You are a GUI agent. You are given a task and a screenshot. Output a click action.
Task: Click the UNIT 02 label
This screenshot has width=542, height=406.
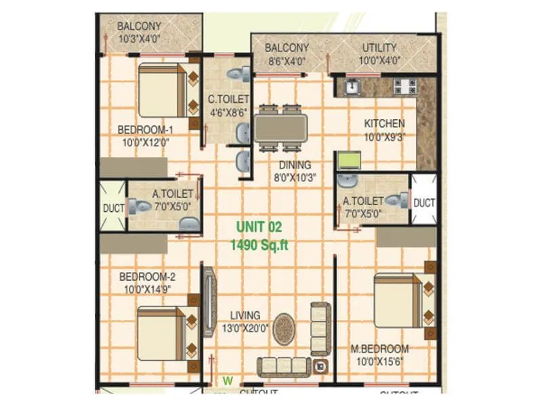pyautogui.click(x=258, y=228)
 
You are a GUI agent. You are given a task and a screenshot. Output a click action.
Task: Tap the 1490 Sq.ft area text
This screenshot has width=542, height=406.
pyautogui.click(x=258, y=245)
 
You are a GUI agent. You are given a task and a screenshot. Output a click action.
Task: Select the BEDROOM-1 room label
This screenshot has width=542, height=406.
pyautogui.click(x=146, y=130)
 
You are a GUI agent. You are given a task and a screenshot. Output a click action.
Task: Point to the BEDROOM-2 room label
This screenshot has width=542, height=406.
pyautogui.click(x=148, y=277)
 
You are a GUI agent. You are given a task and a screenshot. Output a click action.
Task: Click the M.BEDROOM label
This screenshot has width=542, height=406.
pyautogui.click(x=379, y=349)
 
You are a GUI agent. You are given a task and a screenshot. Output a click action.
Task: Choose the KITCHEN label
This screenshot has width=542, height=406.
pyautogui.click(x=384, y=123)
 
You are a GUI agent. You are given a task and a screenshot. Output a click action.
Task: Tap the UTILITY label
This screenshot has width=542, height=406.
pyautogui.click(x=380, y=48)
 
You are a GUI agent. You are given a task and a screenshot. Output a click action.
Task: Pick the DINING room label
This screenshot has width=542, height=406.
pyautogui.click(x=293, y=164)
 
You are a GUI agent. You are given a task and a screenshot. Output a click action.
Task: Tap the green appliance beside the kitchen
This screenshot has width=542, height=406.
pyautogui.click(x=350, y=160)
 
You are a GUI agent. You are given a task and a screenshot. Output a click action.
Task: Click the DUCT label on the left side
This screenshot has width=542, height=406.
pyautogui.click(x=112, y=208)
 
